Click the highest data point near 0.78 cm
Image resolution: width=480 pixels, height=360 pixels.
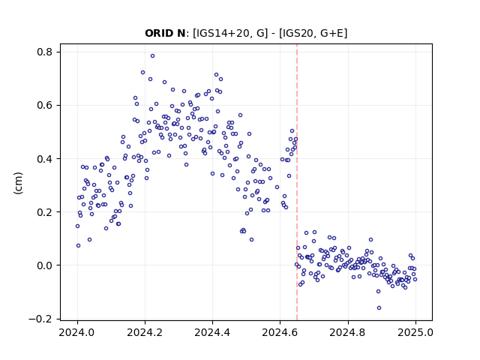tap(152, 56)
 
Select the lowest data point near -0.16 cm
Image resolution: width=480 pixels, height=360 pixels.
tap(379, 308)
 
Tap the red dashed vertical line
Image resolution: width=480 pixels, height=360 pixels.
tap(297, 182)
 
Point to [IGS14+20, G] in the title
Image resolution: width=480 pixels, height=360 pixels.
tap(230, 33)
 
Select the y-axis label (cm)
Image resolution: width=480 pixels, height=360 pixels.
tap(18, 183)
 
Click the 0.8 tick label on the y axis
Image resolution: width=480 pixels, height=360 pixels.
tap(45, 52)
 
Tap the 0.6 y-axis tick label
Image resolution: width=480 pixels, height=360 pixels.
tap(45, 105)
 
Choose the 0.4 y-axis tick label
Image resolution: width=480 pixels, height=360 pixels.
tap(45, 159)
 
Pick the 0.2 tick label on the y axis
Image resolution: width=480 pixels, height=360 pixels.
tap(45, 212)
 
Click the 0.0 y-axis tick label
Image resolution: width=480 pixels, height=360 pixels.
tap(45, 265)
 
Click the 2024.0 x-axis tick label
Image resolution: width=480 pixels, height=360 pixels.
tap(77, 332)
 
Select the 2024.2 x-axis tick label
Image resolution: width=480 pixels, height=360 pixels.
tap(145, 332)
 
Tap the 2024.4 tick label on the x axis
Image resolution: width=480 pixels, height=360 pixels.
tap(212, 332)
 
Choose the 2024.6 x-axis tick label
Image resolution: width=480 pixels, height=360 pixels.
tap(280, 332)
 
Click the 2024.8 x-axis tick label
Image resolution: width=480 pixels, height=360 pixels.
tap(348, 332)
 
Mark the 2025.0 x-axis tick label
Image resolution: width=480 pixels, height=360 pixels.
tap(415, 332)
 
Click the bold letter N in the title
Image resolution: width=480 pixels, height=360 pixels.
tap(181, 33)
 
